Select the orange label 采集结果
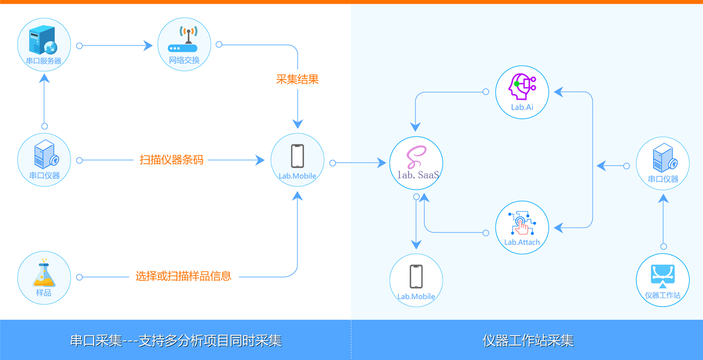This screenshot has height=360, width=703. [x=298, y=79]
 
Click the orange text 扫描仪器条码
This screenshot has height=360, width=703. [x=172, y=160]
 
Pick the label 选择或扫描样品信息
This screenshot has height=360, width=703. [x=184, y=277]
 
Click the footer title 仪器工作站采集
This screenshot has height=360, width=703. [x=528, y=341]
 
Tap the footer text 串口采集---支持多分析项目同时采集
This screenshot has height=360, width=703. [x=176, y=341]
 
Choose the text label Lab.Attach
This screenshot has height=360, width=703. [x=522, y=242]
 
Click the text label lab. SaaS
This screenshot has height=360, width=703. [x=418, y=175]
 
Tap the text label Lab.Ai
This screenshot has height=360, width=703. [x=522, y=107]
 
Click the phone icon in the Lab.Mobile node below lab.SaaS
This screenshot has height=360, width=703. [x=416, y=277]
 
